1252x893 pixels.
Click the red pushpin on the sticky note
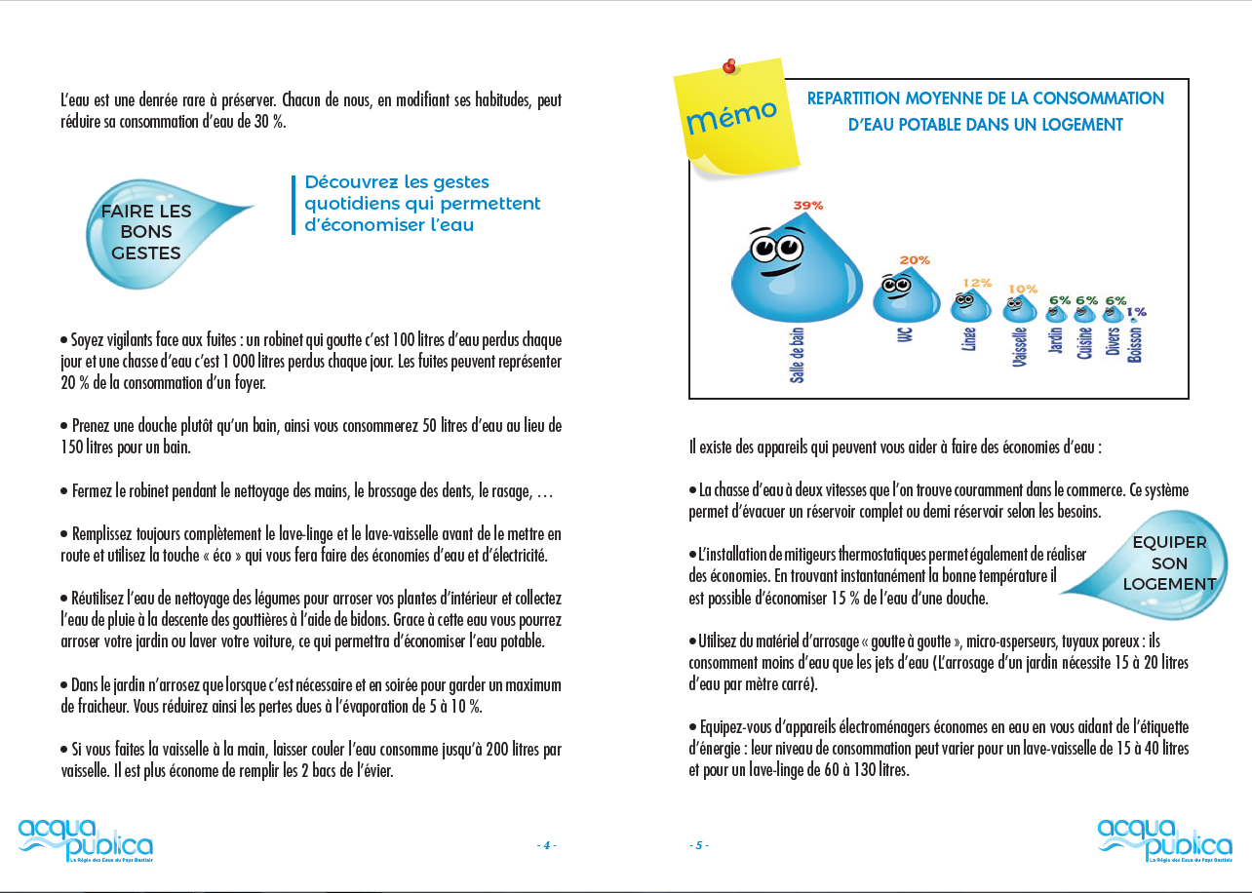pos(728,67)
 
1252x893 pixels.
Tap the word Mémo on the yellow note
pos(731,117)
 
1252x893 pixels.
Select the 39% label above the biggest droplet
pos(808,206)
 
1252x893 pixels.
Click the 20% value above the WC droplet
pos(915,260)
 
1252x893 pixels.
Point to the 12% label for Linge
pos(977,283)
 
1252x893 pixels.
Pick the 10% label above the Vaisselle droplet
pos(1022,289)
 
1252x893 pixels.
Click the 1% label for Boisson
pos(1137,312)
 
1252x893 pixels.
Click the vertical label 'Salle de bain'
pos(798,355)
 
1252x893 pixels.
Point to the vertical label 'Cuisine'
pos(1084,343)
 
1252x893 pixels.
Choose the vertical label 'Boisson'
pos(1135,344)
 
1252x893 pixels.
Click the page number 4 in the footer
pos(546,845)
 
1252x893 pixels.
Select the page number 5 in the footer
pos(698,845)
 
